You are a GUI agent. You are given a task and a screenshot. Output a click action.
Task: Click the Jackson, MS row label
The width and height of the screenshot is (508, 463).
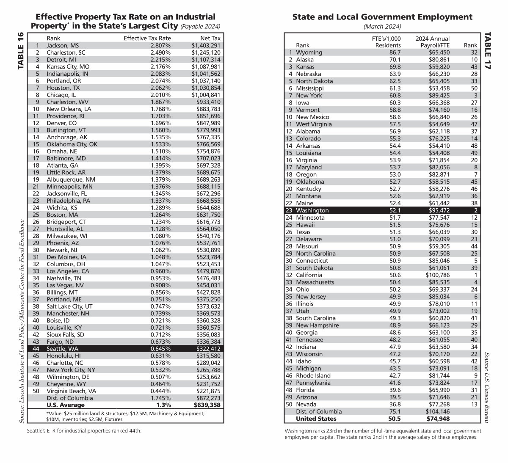[62, 45]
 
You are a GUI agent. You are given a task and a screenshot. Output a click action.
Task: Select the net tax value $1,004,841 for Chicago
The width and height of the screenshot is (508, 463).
[206, 95]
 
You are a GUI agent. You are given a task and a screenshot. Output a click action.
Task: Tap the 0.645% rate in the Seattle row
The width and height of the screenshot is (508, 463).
[160, 349]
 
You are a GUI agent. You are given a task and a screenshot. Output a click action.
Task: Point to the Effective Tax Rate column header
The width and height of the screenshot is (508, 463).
[147, 38]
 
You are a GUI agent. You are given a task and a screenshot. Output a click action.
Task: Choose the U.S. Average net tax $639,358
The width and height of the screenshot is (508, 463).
[207, 405]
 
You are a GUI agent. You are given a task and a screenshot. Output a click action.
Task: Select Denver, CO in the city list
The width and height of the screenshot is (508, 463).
[61, 123]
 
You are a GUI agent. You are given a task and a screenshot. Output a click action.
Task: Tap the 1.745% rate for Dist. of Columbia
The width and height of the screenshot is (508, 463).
[160, 398]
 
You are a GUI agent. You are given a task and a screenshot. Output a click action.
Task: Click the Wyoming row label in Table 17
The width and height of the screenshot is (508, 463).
[309, 52]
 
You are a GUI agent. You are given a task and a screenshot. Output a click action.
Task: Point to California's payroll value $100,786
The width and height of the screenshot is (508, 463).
[437, 275]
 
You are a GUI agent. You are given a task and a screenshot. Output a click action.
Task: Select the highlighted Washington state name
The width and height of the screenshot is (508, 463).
[312, 210]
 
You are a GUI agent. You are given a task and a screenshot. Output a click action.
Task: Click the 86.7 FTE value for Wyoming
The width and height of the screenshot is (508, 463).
[395, 52]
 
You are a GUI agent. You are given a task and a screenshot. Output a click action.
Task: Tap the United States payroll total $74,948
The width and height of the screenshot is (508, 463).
[438, 419]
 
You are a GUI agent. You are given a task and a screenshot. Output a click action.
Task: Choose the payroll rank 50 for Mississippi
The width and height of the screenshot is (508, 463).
[474, 88]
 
